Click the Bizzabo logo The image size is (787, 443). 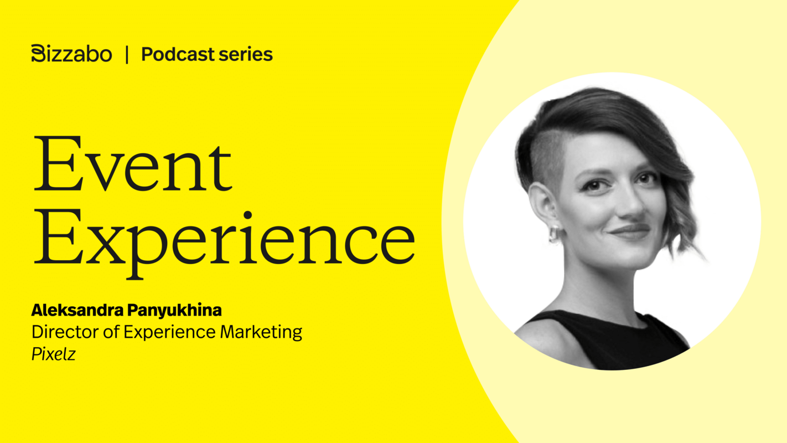coord(71,54)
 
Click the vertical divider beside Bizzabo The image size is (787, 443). coord(127,54)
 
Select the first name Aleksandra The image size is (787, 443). coord(69,310)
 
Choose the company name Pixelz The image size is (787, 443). coord(53,354)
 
